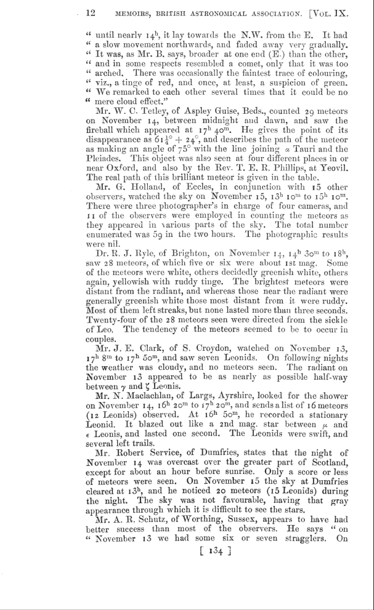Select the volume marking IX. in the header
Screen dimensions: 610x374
pos(352,12)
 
